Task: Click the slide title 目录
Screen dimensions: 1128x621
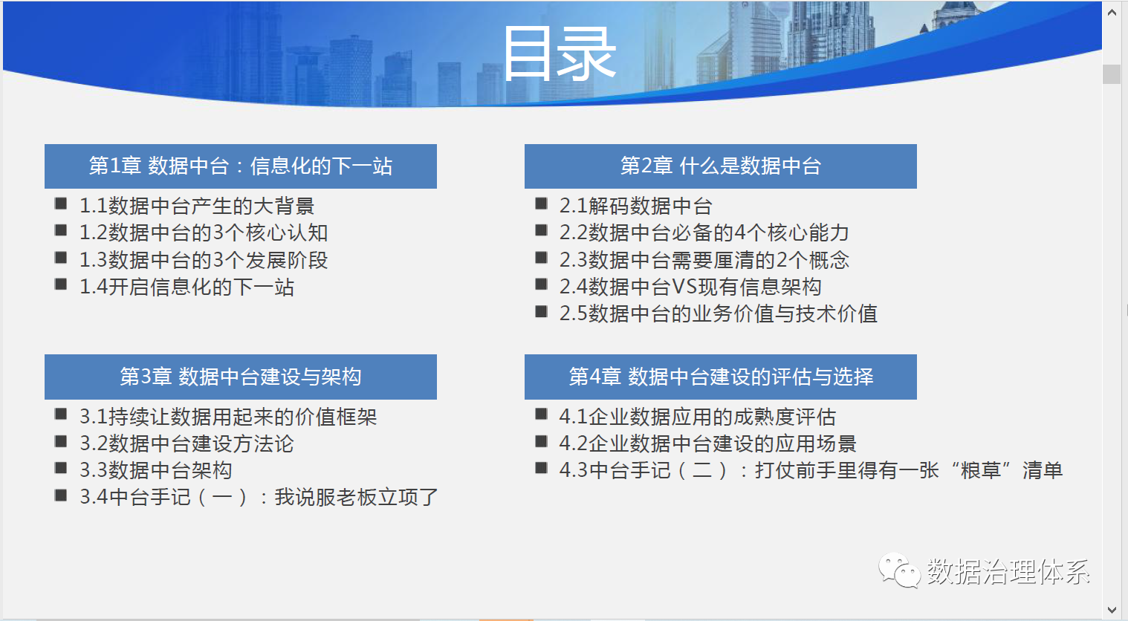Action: coord(560,53)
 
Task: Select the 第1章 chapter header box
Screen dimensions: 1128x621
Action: coord(241,166)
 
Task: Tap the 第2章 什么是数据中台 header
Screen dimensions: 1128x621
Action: coord(721,166)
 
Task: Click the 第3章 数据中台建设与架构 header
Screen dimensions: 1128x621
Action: coord(241,377)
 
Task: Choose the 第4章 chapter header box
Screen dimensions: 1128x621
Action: coord(721,377)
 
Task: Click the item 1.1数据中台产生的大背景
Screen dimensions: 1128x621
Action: coord(197,206)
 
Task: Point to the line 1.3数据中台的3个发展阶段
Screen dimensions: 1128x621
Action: coord(204,260)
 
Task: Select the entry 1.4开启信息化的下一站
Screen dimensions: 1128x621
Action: coord(187,287)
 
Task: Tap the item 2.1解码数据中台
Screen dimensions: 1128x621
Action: coord(636,206)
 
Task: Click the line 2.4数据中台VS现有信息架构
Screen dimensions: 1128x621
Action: coord(690,287)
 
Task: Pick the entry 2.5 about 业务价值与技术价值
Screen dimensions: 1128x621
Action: coord(719,314)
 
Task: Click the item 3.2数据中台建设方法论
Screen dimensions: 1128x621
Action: coord(187,444)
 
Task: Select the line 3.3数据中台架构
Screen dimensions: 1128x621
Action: coord(156,470)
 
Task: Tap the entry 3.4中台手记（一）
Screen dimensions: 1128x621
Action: coord(259,497)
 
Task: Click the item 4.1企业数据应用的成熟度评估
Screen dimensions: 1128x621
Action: coord(698,417)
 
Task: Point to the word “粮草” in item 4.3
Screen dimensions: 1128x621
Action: coord(981,470)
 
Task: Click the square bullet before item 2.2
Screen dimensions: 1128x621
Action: coord(542,230)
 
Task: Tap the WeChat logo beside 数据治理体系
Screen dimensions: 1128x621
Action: coord(899,570)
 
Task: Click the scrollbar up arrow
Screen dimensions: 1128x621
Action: coord(1112,13)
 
